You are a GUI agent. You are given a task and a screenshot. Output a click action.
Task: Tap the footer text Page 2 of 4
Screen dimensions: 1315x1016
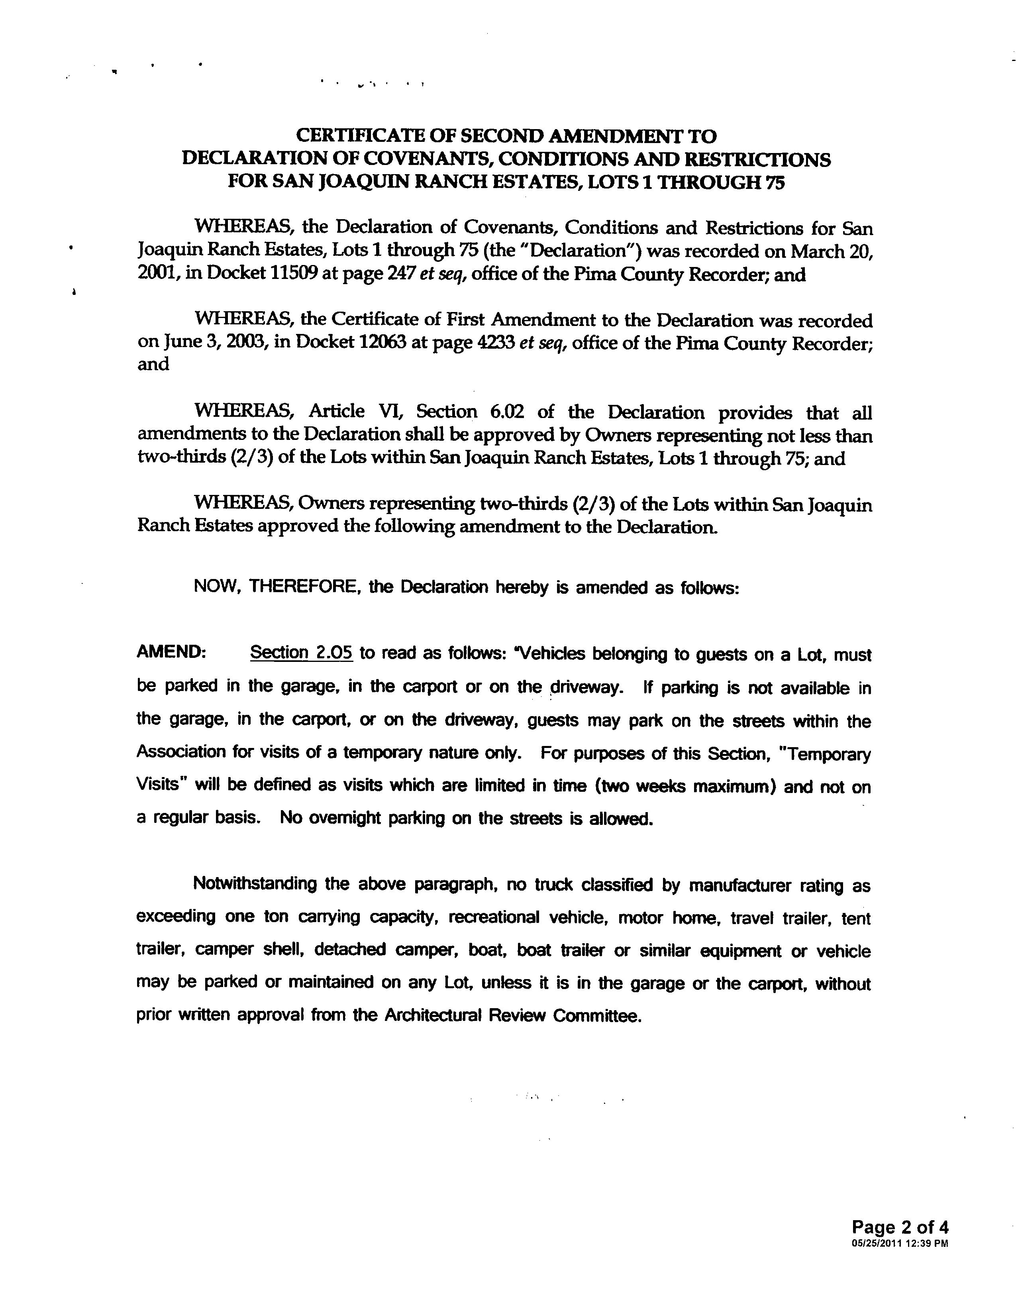(900, 1227)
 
